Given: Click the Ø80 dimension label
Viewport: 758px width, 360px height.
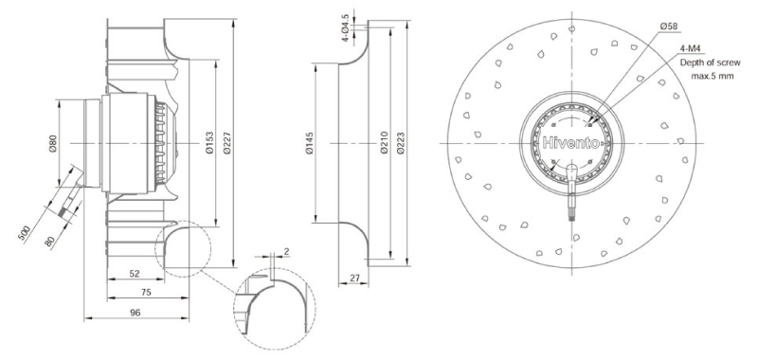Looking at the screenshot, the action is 54,143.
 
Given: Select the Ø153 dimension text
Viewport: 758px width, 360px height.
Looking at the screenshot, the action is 209,143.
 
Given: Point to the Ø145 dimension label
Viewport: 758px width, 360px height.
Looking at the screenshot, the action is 310,143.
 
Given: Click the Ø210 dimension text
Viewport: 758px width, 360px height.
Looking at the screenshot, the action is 385,143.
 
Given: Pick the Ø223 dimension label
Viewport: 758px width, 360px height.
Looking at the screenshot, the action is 400,143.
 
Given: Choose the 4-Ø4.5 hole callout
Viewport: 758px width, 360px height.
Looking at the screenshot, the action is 345,28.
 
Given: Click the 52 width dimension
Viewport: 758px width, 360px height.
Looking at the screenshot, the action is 135,274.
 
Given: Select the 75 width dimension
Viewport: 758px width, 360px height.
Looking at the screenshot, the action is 146,292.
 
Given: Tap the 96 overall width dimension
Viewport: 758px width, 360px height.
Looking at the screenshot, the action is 135,313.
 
